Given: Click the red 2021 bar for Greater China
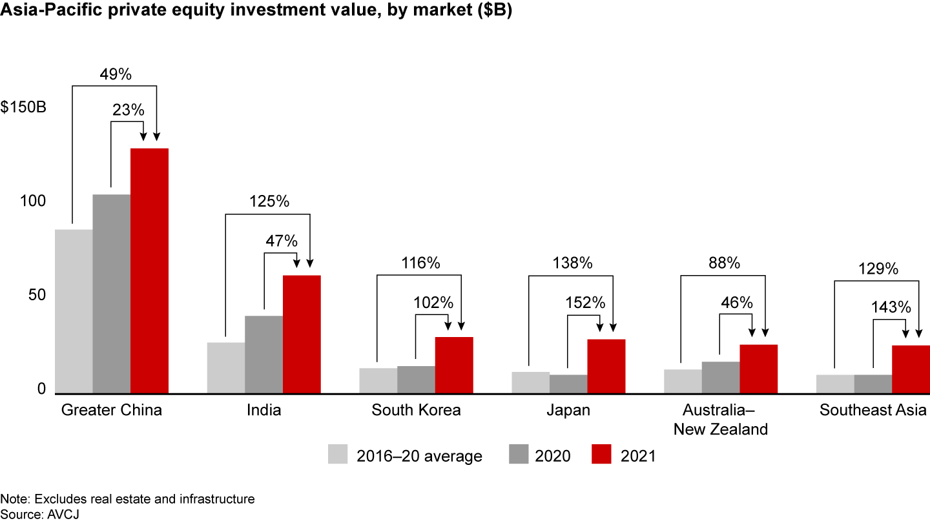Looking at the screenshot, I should (149, 271).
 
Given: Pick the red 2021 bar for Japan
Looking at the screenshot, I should (606, 366).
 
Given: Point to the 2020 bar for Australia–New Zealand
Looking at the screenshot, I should (720, 377).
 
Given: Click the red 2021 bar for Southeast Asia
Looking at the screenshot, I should (910, 369).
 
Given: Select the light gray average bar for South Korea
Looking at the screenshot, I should (378, 380).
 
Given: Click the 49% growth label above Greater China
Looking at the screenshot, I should (116, 74).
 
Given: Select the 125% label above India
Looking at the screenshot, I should (269, 201).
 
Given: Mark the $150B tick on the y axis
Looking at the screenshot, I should (23, 107).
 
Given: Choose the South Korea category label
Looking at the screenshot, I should (416, 411).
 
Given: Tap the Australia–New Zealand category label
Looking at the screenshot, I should (720, 420).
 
